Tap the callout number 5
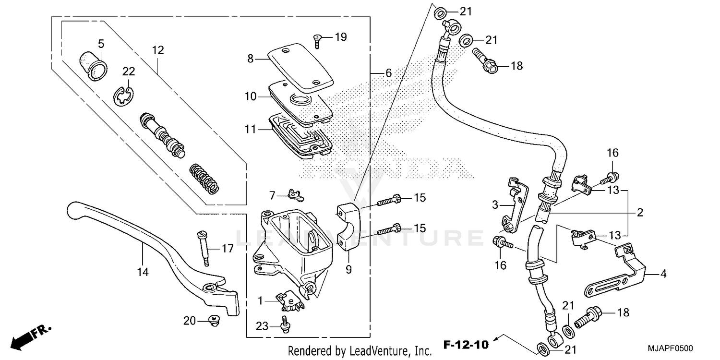coord(101,44)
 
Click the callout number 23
coord(261,327)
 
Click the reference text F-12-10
coord(465,344)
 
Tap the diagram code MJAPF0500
coord(671,348)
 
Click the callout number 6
coord(388,73)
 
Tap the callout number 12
coord(158,50)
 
